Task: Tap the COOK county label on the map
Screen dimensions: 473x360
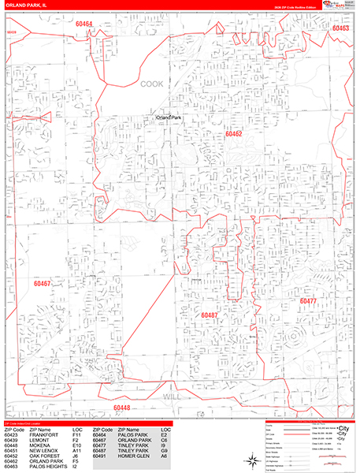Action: point(152,83)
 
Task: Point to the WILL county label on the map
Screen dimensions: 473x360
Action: point(173,397)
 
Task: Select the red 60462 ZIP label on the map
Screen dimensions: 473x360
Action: point(232,135)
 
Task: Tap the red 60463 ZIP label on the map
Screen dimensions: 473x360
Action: point(340,28)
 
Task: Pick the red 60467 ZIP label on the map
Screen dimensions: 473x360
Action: point(42,283)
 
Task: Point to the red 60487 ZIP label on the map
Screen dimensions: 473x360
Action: point(209,315)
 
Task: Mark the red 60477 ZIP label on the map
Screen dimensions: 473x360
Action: point(307,301)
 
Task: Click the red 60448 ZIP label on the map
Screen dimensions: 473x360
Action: point(122,408)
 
